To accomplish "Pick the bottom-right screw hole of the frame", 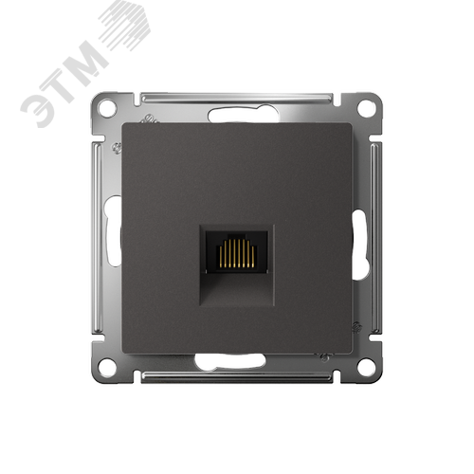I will point(366,365).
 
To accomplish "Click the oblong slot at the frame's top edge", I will point(243,114).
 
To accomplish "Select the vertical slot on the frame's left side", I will point(114,230).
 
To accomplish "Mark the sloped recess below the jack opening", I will point(236,288).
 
